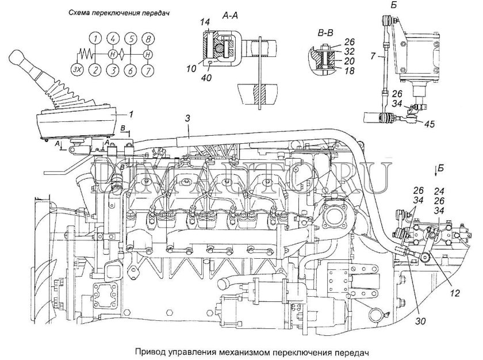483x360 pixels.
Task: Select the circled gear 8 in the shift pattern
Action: pyautogui.click(x=148, y=40)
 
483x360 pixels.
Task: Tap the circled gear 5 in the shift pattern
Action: pyautogui.click(x=131, y=40)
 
